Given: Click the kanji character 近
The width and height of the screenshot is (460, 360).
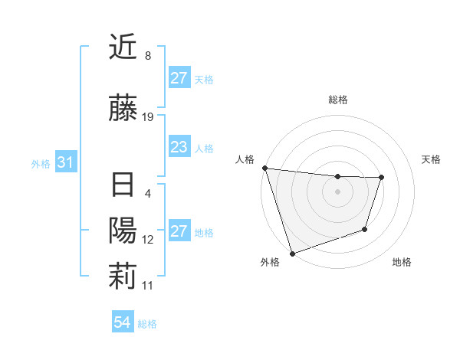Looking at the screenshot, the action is coord(123,47).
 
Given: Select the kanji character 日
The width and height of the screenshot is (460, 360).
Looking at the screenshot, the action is coord(123,185).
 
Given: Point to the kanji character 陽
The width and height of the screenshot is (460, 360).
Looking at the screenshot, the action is coord(123,231).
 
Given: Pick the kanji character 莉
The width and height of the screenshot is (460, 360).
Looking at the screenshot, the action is coord(123,277).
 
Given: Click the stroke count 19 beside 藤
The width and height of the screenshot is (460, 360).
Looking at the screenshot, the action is coord(148,117).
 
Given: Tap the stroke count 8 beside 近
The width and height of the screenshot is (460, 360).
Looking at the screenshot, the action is coord(147,56).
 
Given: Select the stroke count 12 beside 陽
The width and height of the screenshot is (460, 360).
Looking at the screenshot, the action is coord(148,240).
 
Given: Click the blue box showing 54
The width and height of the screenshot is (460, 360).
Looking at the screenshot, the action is coord(122,323).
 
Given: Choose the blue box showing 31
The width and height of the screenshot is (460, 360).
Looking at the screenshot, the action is coord(65,162).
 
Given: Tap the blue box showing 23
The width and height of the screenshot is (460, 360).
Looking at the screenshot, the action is coord(179,147).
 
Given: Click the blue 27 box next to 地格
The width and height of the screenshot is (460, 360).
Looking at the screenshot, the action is coord(179,231).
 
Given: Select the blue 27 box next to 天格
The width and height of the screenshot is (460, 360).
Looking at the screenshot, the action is coord(179,78).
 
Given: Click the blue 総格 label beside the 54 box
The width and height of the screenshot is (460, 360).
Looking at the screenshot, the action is coord(147,324).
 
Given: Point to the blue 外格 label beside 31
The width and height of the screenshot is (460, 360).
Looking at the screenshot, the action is coord(40,163).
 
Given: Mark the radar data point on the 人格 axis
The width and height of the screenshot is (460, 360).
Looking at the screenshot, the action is coord(264,168).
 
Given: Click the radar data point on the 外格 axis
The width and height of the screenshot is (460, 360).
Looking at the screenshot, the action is coord(292,252).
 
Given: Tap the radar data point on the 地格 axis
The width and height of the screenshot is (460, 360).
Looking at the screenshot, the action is coord(365,229).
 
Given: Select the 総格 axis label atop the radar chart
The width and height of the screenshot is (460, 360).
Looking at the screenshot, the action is coord(337,100).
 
